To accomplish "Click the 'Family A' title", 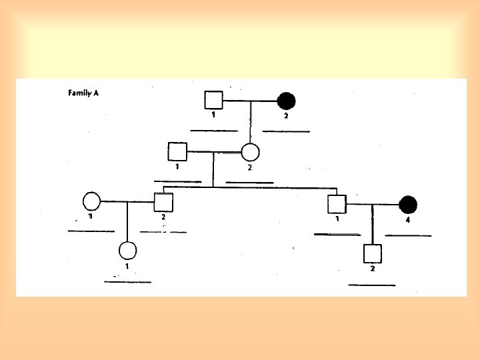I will coord(83,93).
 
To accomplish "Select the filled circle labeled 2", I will coord(286,101).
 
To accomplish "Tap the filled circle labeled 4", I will coord(408,203).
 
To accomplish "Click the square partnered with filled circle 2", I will coord(213,101).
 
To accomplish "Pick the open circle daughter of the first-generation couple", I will coord(250,152).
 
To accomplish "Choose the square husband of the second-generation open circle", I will coord(177,151).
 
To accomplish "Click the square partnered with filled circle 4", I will coord(337,203).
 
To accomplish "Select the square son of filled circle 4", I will coord(372,253).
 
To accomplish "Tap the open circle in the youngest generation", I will coord(127,251).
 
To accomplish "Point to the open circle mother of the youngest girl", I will coord(91,200).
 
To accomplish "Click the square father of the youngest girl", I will coord(163,201).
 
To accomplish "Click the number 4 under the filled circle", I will coord(408,218).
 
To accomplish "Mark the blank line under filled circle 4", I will coord(408,235).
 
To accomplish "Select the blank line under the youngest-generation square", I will coord(371,285).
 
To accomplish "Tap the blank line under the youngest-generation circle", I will coord(127,282).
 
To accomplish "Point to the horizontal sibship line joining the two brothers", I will coord(250,187).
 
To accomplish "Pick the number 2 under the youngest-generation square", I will coord(372,269).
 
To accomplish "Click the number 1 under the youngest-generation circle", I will coord(127,265).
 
